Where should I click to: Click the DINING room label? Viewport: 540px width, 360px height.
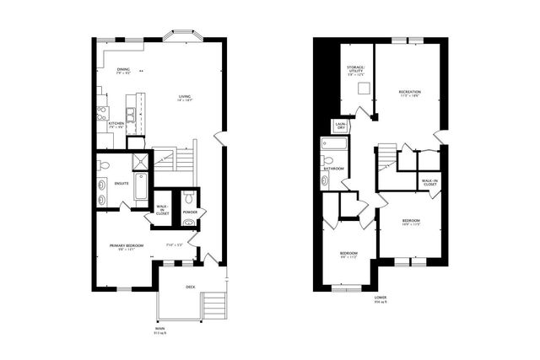click(x=123, y=72)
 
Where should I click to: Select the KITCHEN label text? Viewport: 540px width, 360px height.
click(x=116, y=125)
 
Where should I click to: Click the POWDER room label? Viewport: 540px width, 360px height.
click(x=190, y=212)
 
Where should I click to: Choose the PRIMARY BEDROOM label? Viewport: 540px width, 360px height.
click(x=125, y=247)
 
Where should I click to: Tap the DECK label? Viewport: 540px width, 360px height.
click(x=191, y=287)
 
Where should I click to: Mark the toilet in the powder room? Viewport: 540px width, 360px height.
click(x=189, y=197)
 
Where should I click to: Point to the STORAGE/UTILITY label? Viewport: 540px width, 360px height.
click(x=355, y=72)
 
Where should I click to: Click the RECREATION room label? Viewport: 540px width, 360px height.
click(x=410, y=93)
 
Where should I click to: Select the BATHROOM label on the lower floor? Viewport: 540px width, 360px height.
click(x=332, y=169)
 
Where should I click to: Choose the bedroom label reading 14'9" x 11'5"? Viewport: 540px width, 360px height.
click(x=411, y=223)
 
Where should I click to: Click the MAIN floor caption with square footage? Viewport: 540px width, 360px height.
click(x=160, y=331)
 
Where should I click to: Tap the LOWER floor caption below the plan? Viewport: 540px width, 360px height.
click(x=380, y=300)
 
